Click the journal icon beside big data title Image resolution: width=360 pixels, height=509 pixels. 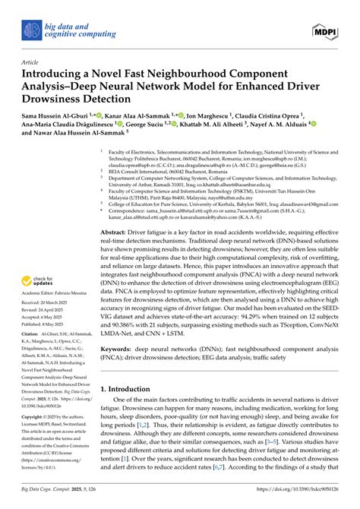click(x=30, y=30)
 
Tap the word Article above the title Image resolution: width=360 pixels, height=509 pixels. click(x=30, y=62)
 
